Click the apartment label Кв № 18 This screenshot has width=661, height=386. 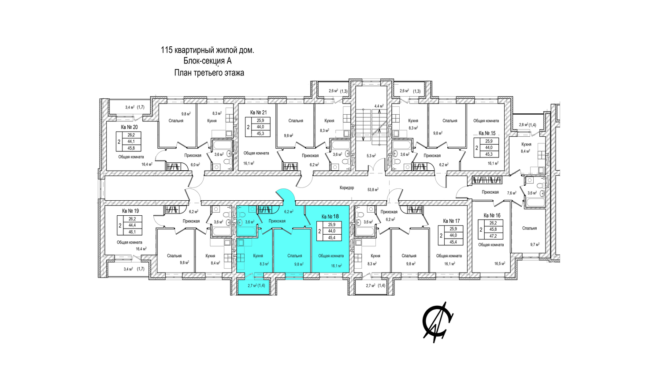point(330,217)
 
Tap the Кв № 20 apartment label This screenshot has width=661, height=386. point(129,127)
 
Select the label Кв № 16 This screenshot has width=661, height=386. point(492,216)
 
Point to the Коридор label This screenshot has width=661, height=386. point(347,188)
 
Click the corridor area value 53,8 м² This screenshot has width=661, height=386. point(373,190)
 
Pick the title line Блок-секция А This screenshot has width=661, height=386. point(207,61)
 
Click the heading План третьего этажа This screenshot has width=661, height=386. point(209,73)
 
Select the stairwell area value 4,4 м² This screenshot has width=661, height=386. point(379,106)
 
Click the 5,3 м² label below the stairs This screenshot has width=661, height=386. point(371,156)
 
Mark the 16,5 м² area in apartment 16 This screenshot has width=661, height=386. point(499,264)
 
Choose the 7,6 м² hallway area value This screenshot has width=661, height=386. point(511,193)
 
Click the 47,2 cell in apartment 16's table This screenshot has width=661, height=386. point(493,236)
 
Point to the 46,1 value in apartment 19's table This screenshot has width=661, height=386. point(132,232)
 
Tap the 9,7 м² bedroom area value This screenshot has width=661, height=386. point(535,244)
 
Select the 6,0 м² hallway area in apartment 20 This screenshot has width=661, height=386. point(195,165)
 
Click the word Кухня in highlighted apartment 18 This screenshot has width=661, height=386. point(258,256)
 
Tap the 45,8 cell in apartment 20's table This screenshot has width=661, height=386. point(131,148)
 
